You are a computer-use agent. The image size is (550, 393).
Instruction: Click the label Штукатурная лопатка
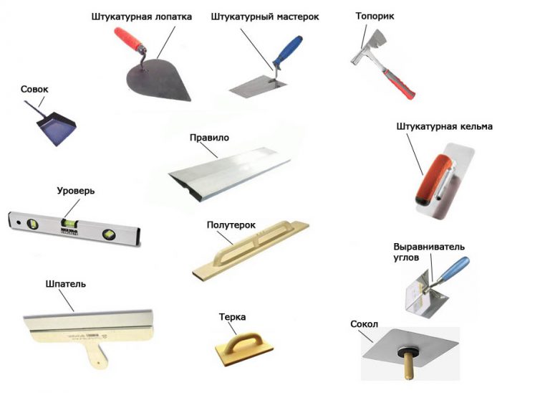click(x=142, y=17)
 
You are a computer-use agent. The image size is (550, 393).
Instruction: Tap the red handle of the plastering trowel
click(x=128, y=39)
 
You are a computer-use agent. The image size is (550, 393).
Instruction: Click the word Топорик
click(x=375, y=16)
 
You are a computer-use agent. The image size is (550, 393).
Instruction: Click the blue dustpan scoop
click(x=56, y=128)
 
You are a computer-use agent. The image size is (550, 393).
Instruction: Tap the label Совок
click(x=34, y=89)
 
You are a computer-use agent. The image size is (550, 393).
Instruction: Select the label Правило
click(x=209, y=137)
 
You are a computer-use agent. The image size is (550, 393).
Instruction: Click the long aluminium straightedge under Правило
click(x=230, y=173)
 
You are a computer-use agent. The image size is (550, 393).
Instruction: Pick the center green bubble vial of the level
click(x=69, y=222)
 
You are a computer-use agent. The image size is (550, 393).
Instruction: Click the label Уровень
click(x=76, y=191)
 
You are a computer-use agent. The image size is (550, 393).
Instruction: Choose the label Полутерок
click(x=231, y=225)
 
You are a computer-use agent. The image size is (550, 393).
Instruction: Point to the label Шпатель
click(x=66, y=284)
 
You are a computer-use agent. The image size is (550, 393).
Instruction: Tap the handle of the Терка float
click(x=243, y=342)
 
